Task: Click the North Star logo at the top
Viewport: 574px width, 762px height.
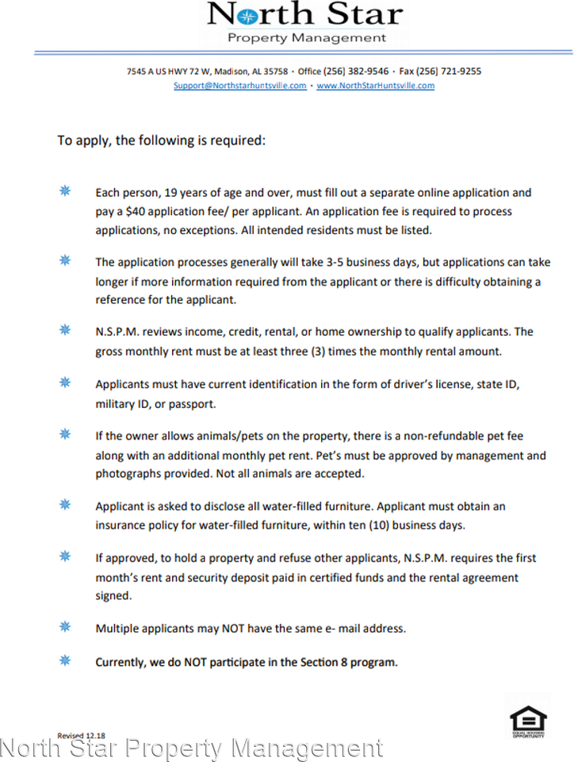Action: tap(304, 15)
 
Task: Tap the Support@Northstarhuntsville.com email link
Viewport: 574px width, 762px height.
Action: tap(240, 86)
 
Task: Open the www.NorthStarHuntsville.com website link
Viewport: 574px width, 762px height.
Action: tap(376, 86)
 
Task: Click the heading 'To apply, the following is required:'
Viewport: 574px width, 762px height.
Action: tap(161, 140)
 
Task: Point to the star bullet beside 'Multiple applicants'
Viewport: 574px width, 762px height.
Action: tap(65, 626)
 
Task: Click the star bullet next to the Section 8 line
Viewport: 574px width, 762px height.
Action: tap(65, 660)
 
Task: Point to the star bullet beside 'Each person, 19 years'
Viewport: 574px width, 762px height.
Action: tap(65, 191)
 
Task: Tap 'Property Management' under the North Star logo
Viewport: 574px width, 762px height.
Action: tap(307, 37)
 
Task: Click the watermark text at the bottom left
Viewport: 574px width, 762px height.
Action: tap(191, 749)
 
